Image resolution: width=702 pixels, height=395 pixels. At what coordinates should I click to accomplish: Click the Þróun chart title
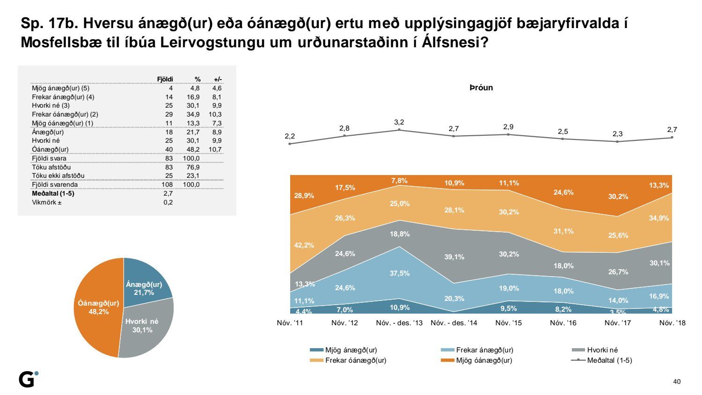pyautogui.click(x=481, y=88)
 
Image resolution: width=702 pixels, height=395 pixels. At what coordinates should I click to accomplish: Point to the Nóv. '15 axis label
pyautogui.click(x=508, y=323)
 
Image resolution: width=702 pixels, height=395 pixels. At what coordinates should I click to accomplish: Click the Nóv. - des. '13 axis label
pyautogui.click(x=399, y=323)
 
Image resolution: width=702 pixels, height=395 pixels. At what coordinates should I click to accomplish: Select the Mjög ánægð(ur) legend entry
pyautogui.click(x=344, y=350)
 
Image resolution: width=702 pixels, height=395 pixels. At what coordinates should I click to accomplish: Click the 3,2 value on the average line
pyautogui.click(x=399, y=122)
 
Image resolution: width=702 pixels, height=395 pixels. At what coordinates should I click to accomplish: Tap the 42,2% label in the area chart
pyautogui.click(x=304, y=245)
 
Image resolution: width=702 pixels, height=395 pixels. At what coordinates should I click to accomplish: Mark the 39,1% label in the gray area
pyautogui.click(x=454, y=257)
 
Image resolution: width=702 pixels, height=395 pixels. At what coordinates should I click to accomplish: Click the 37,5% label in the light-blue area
pyautogui.click(x=400, y=273)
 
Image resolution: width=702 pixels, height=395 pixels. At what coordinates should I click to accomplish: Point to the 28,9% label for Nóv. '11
pyautogui.click(x=304, y=196)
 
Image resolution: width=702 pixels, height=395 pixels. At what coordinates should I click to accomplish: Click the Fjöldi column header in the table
pyautogui.click(x=165, y=79)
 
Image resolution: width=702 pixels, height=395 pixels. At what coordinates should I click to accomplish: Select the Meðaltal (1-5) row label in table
pyautogui.click(x=53, y=193)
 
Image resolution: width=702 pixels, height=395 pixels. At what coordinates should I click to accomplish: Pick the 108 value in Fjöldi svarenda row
pyautogui.click(x=167, y=184)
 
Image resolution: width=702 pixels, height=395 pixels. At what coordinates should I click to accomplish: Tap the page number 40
pyautogui.click(x=677, y=381)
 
